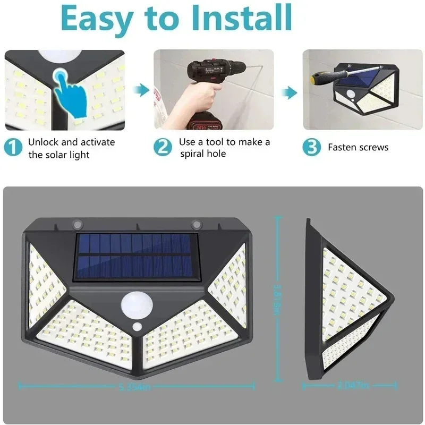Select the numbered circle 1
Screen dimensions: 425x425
click(13, 148)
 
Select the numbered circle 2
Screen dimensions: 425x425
click(163, 148)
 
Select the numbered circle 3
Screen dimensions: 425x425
click(312, 148)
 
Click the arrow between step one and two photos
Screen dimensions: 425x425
click(140, 90)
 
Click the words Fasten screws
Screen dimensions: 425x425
click(358, 148)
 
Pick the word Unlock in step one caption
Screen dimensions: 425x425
click(44, 142)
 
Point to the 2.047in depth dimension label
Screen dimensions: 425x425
click(352, 386)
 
